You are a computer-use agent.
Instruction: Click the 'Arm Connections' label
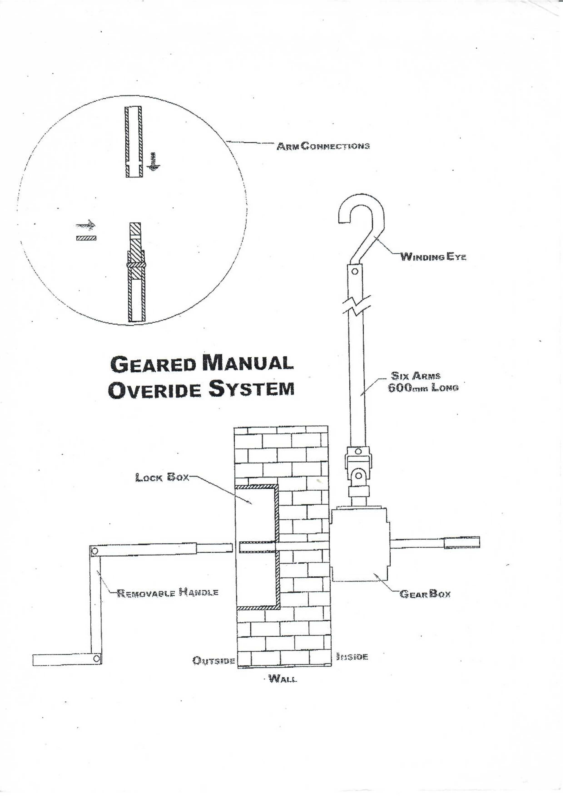[322, 146]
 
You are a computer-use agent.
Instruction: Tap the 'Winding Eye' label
[433, 257]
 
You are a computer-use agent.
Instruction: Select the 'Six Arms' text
[416, 375]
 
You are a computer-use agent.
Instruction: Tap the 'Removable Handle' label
[168, 592]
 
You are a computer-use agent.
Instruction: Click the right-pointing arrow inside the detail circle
[85, 225]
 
